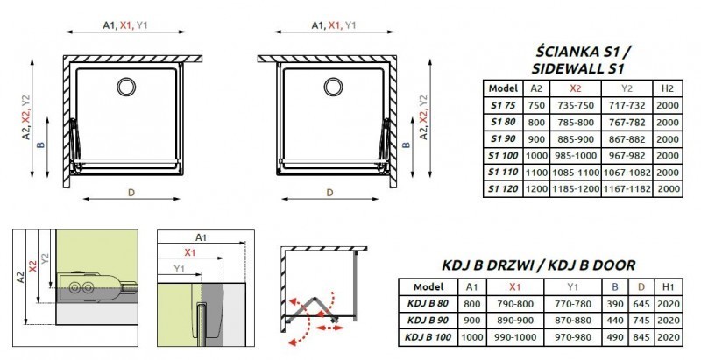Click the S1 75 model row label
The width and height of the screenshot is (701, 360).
[504, 104]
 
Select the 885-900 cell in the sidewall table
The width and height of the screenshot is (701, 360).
[573, 138]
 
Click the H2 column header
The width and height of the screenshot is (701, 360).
[667, 88]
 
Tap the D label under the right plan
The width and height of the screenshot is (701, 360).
[329, 192]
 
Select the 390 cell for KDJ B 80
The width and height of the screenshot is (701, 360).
[616, 304]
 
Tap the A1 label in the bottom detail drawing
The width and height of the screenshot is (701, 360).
[201, 237]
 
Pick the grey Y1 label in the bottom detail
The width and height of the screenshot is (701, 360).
[179, 266]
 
